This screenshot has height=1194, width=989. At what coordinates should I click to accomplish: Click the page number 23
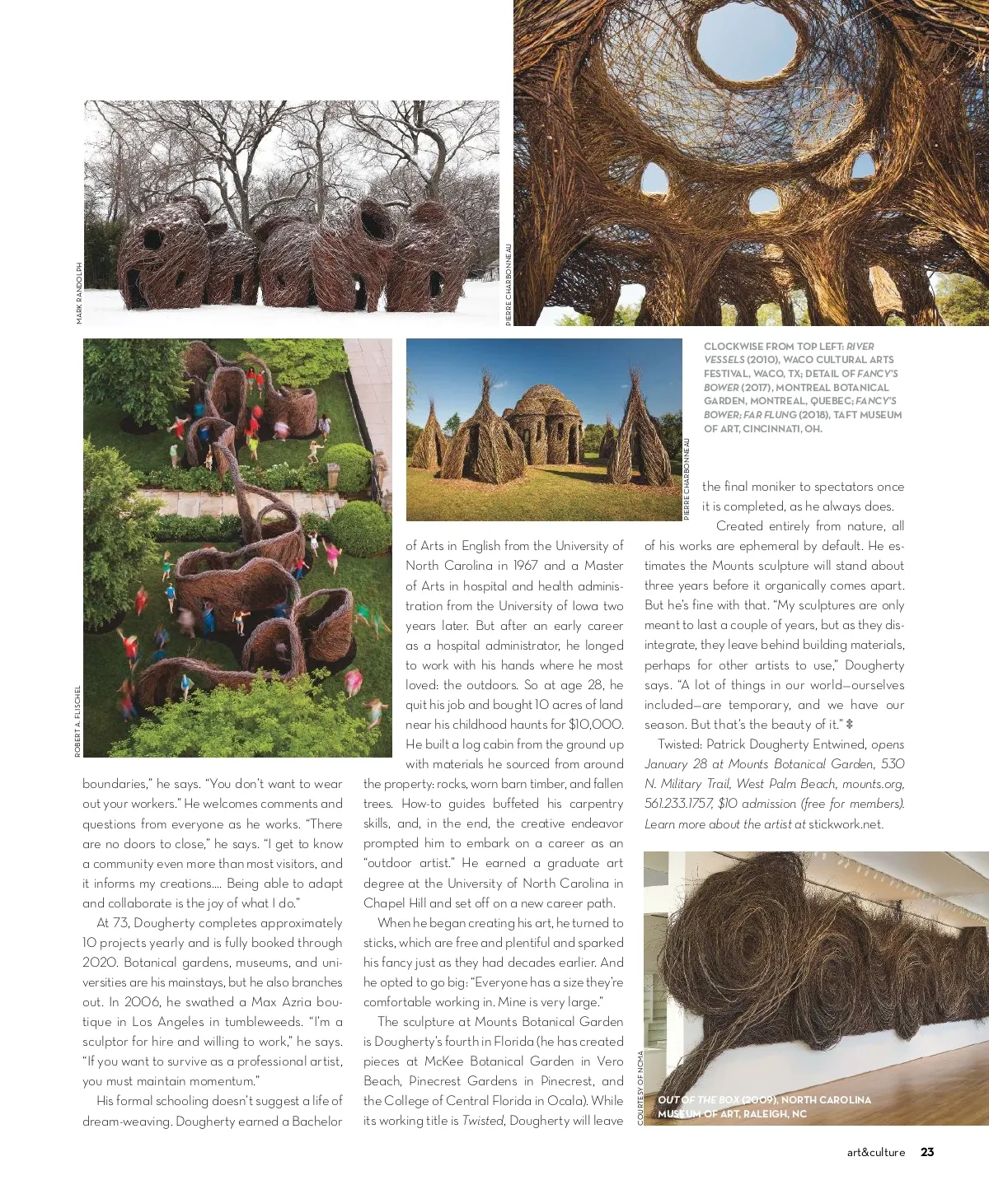click(927, 1152)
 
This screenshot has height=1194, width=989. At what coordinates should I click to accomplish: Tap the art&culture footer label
click(876, 1153)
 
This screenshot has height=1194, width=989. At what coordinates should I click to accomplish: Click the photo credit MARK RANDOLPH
click(79, 292)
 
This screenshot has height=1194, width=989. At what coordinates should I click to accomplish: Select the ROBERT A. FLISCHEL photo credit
click(78, 721)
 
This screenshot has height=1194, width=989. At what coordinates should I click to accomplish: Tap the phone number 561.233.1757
click(678, 804)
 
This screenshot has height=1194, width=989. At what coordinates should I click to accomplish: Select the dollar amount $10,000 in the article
click(595, 725)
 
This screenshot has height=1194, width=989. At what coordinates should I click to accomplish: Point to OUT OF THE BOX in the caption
click(698, 1100)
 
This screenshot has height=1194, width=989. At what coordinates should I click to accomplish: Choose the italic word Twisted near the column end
click(483, 1121)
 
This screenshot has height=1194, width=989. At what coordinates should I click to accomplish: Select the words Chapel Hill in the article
click(394, 903)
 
